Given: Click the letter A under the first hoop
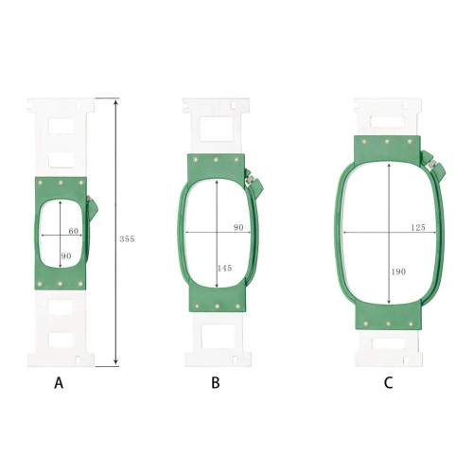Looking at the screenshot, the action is pyautogui.click(x=59, y=383).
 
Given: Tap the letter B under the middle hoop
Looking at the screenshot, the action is pyautogui.click(x=216, y=383).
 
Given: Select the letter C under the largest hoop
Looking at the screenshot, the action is pyautogui.click(x=388, y=383).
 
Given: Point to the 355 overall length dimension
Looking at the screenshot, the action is pyautogui.click(x=127, y=239).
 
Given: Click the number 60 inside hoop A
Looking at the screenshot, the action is pyautogui.click(x=74, y=231).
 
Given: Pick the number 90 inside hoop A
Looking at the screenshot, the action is pyautogui.click(x=66, y=256).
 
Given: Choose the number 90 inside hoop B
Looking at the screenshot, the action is pyautogui.click(x=238, y=227).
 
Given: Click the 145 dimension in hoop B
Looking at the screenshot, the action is pyautogui.click(x=225, y=268).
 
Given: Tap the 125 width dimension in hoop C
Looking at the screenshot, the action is pyautogui.click(x=418, y=227).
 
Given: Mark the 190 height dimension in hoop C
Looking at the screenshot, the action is pyautogui.click(x=398, y=272).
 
